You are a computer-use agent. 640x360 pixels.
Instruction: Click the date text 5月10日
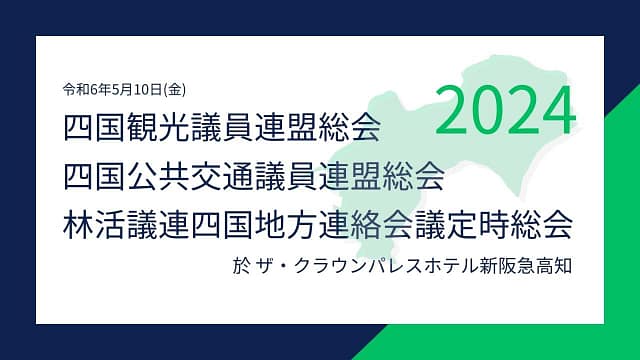[x=137, y=89]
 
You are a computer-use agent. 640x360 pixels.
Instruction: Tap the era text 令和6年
[x=87, y=89]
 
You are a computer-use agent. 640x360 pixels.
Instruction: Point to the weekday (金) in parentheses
[x=174, y=89]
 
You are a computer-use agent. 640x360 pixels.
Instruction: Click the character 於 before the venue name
[x=240, y=266]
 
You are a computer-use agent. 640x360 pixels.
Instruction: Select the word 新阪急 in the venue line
[x=507, y=266]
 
